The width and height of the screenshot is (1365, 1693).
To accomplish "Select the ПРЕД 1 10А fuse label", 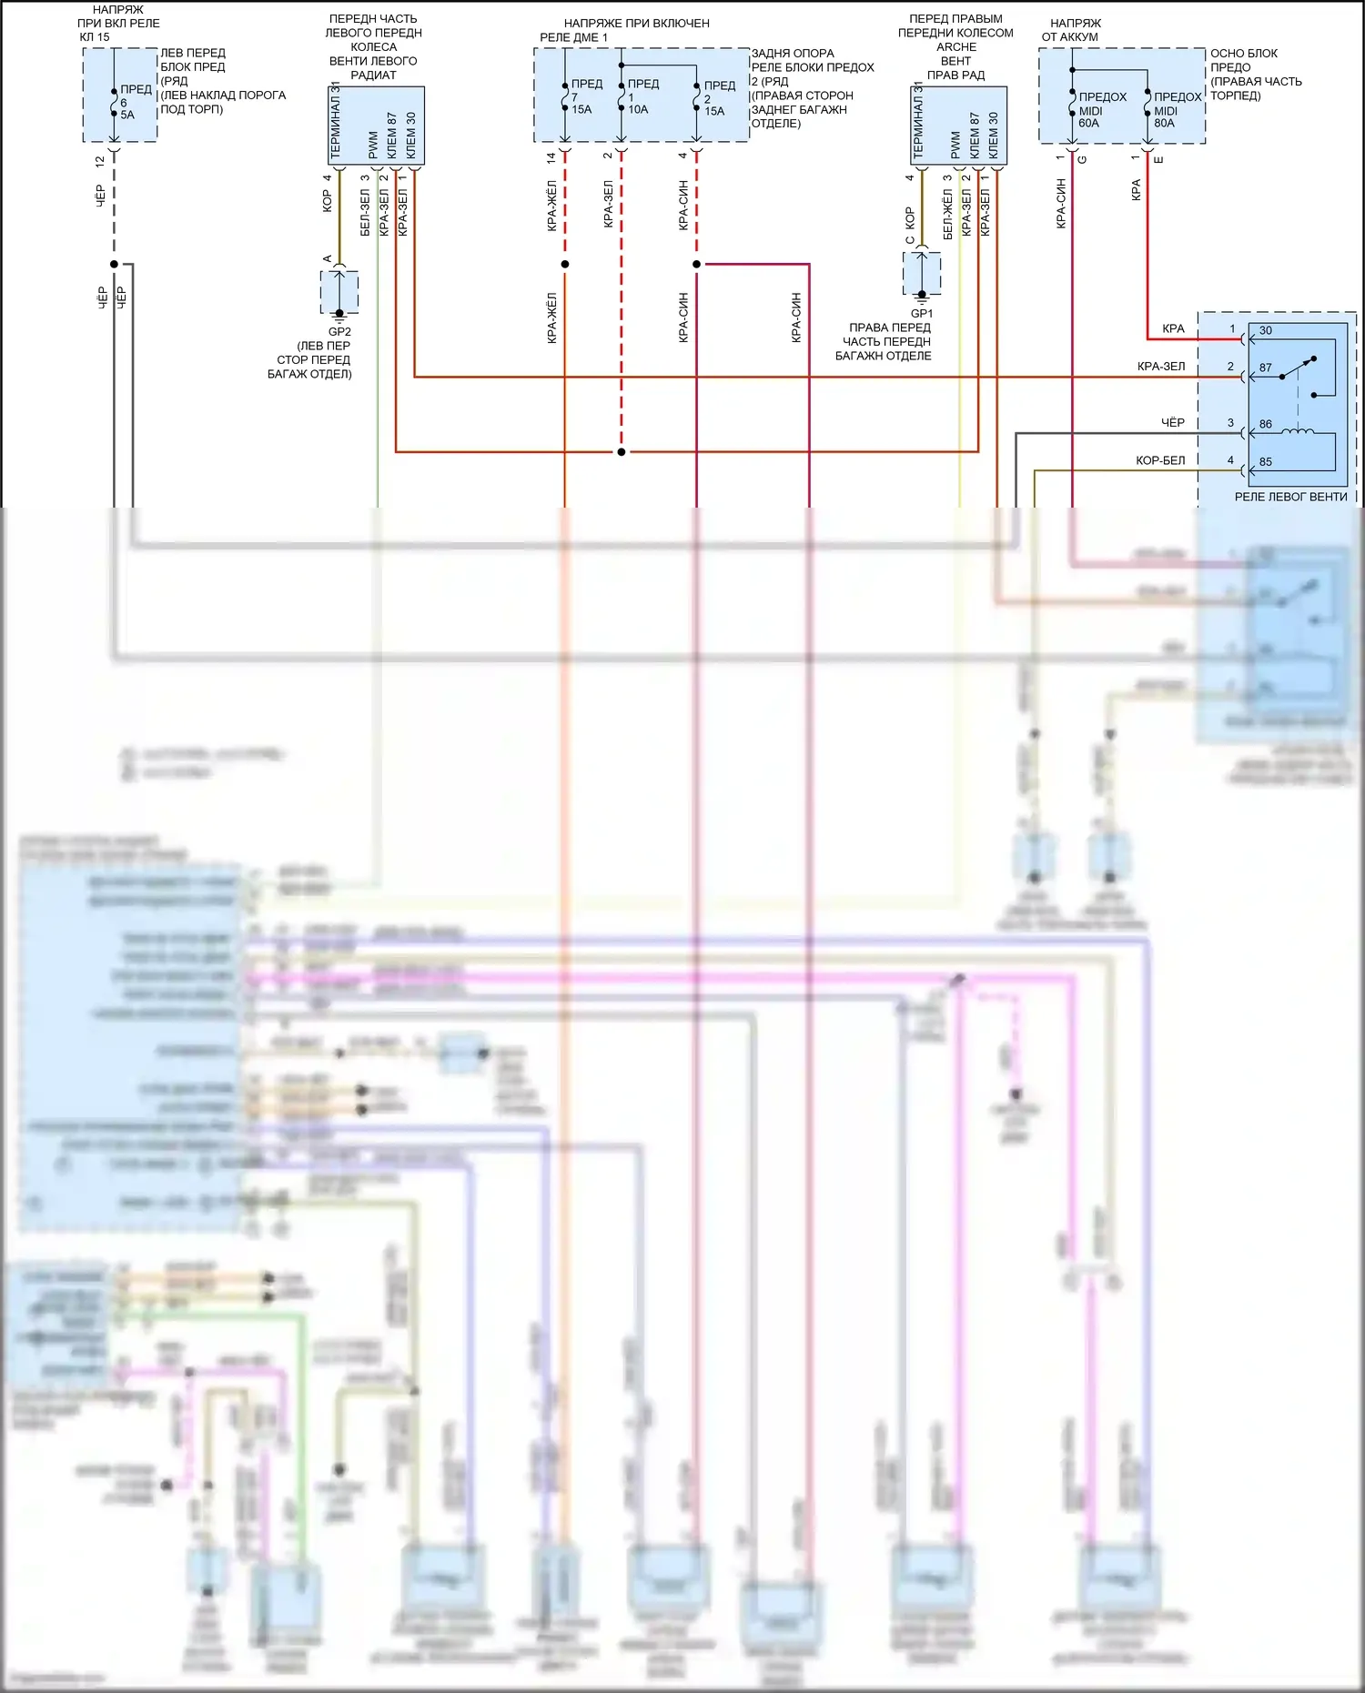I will (642, 96).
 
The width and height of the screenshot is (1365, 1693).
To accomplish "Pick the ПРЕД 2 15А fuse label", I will (718, 98).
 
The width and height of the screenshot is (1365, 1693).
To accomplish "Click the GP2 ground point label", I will (339, 332).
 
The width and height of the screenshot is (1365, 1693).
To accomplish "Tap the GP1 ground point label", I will (921, 314).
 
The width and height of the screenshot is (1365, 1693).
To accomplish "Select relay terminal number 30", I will (1266, 330).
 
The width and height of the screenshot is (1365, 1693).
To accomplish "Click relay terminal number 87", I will (1266, 368).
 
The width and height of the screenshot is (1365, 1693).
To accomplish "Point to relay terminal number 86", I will (1266, 424).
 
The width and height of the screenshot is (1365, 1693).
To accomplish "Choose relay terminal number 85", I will (1266, 461).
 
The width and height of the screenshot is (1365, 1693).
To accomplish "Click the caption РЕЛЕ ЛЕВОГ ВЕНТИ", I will (1290, 497).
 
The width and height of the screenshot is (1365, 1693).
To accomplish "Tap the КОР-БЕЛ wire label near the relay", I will (1160, 460).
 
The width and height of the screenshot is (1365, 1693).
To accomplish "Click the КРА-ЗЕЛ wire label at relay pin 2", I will (1161, 367).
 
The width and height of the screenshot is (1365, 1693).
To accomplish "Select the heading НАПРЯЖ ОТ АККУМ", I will (1074, 30).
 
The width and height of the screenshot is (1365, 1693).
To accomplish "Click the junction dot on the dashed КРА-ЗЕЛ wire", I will (622, 451).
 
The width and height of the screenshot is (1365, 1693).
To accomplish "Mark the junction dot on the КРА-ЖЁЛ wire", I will (565, 264).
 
